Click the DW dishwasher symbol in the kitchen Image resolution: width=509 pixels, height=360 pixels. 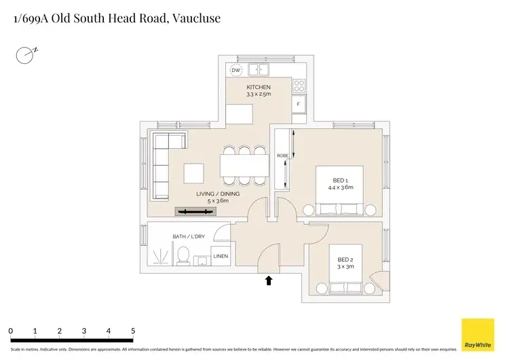pyautogui.click(x=236, y=71)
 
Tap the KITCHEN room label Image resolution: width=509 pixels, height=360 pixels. pyautogui.click(x=258, y=88)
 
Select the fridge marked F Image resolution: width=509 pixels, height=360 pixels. pyautogui.click(x=299, y=104)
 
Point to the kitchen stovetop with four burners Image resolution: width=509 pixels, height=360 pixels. pyautogui.click(x=299, y=86)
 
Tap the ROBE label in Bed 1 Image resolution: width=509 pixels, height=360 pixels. pyautogui.click(x=282, y=156)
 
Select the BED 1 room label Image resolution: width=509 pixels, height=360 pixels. pyautogui.click(x=340, y=179)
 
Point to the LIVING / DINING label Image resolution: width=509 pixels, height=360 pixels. pyautogui.click(x=217, y=194)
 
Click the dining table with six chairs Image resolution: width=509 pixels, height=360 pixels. pyautogui.click(x=244, y=165)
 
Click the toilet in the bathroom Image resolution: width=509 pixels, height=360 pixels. pyautogui.click(x=182, y=256)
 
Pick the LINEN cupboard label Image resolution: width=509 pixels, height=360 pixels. pyautogui.click(x=221, y=256)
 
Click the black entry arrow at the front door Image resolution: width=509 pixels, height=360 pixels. pyautogui.click(x=269, y=280)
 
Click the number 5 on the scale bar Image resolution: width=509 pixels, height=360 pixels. pyautogui.click(x=133, y=331)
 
